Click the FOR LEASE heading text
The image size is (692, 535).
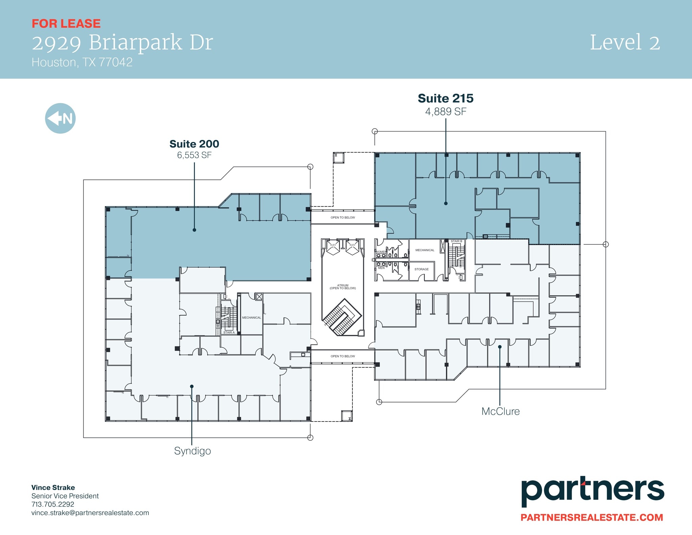[x=66, y=24]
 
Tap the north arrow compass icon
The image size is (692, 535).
[x=60, y=118]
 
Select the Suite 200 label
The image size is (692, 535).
[x=194, y=144]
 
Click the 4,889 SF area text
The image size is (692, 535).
[x=446, y=112]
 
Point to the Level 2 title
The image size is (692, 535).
[x=625, y=43]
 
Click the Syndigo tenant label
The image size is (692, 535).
[x=192, y=451]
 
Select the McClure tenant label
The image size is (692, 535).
[x=500, y=411]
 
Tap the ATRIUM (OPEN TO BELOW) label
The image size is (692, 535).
[x=343, y=287]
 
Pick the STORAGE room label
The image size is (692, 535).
[x=421, y=269]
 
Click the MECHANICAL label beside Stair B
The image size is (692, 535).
[x=425, y=250]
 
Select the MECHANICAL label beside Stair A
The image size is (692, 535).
[x=251, y=318]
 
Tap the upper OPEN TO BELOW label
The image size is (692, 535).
[x=343, y=218]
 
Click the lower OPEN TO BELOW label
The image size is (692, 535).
[x=343, y=356]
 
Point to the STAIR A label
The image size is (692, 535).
[x=229, y=333]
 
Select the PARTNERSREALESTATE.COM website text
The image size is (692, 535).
[x=592, y=517]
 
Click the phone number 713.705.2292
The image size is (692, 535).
[x=53, y=504]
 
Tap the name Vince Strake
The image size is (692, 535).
[x=53, y=487]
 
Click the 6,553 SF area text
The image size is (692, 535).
[x=194, y=155]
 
